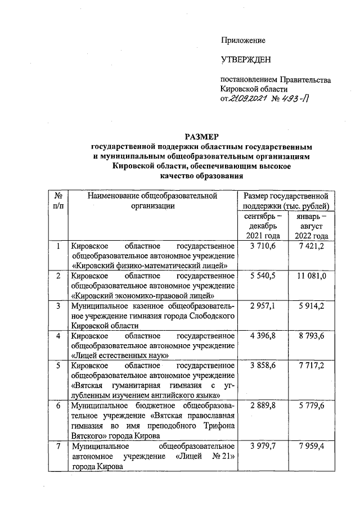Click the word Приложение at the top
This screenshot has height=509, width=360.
point(242,40)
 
